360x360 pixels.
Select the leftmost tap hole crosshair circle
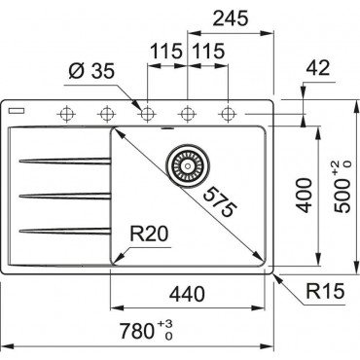[x=67, y=113]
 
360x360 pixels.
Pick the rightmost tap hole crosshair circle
[x=229, y=113]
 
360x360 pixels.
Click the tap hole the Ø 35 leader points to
[x=148, y=113]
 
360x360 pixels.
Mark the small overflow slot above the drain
[x=184, y=125]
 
